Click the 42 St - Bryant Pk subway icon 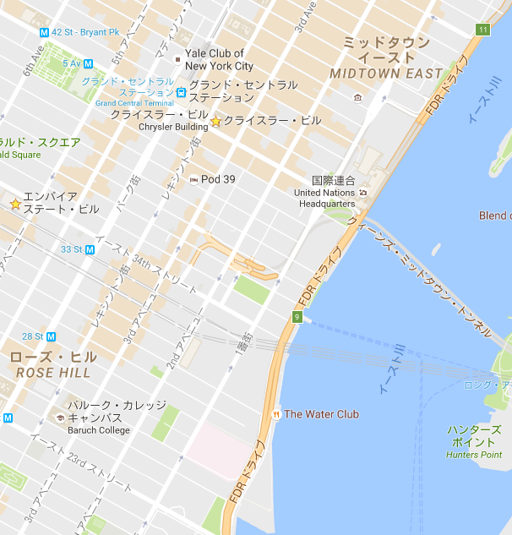[x=44, y=32]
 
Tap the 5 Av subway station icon [x=88, y=63]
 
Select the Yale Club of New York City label [x=219, y=59]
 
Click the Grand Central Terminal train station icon [x=181, y=91]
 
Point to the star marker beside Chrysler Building [x=215, y=122]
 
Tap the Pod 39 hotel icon [x=193, y=179]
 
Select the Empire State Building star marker [x=15, y=204]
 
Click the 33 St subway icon [x=89, y=249]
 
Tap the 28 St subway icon [x=51, y=336]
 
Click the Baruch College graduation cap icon [x=60, y=418]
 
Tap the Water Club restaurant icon [x=276, y=414]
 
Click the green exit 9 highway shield [x=297, y=317]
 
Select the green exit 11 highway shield [x=482, y=30]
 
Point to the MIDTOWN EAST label [x=386, y=74]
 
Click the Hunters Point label [x=474, y=442]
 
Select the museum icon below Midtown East [x=358, y=98]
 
